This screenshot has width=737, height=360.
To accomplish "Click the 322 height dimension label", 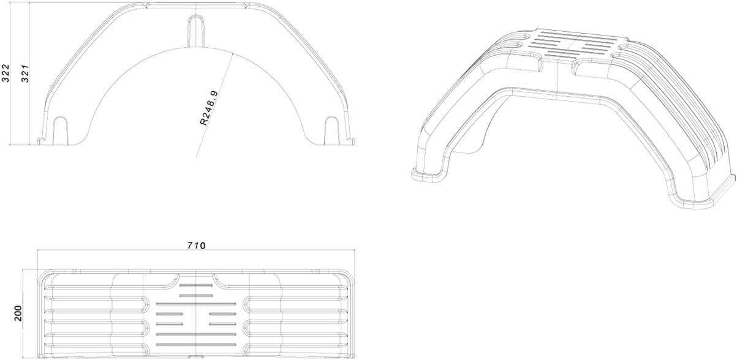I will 6,73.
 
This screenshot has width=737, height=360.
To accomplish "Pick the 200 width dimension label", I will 17,313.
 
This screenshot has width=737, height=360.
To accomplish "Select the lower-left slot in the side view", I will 60,129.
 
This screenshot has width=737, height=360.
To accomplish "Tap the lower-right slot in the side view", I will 331,129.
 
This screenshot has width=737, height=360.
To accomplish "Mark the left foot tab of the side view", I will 41,141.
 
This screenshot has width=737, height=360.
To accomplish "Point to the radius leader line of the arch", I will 214,104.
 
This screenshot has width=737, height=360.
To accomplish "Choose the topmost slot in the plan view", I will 196,286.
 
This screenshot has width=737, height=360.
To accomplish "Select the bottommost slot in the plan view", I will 196,345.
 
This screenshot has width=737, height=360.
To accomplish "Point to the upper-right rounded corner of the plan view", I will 350,274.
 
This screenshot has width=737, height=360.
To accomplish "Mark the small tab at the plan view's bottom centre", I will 196,356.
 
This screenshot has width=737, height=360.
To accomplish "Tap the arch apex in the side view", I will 196,46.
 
